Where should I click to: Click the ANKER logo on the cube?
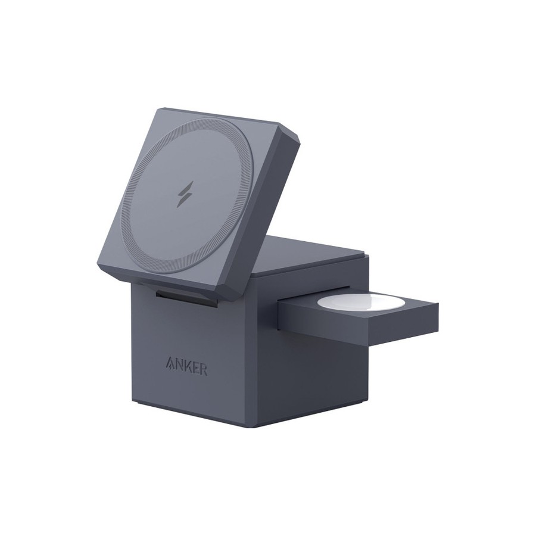click(186, 366)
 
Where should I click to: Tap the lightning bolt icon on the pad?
click(185, 194)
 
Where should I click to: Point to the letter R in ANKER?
click(203, 370)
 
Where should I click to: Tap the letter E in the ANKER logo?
click(195, 368)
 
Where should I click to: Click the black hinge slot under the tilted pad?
click(186, 297)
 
